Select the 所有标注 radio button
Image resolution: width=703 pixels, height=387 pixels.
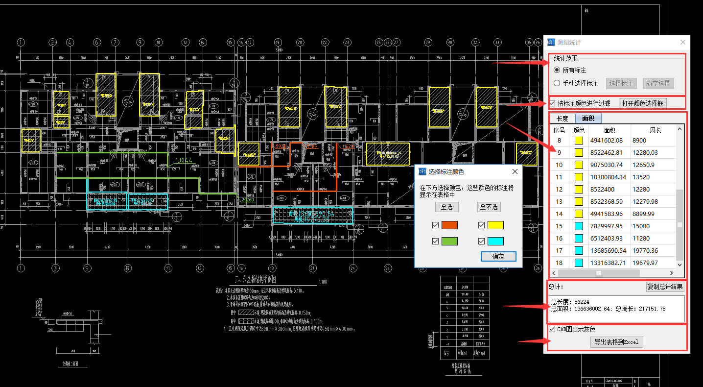557,71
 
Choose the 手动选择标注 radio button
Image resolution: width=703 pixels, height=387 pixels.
557,83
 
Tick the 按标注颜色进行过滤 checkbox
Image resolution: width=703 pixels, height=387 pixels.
553,103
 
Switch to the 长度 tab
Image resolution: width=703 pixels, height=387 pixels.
562,119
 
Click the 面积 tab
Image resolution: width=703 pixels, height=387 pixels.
588,119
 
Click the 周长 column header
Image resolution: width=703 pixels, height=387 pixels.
655,130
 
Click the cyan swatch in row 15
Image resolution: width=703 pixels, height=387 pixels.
579,226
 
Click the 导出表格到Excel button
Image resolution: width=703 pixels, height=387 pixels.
616,342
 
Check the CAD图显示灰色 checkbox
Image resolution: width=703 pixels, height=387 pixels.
553,329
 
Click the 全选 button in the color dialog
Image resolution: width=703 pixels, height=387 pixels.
446,207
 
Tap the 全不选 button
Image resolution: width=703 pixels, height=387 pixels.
489,207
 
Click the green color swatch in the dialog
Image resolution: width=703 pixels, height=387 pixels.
449,241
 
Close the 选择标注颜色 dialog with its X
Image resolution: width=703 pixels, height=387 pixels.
515,171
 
